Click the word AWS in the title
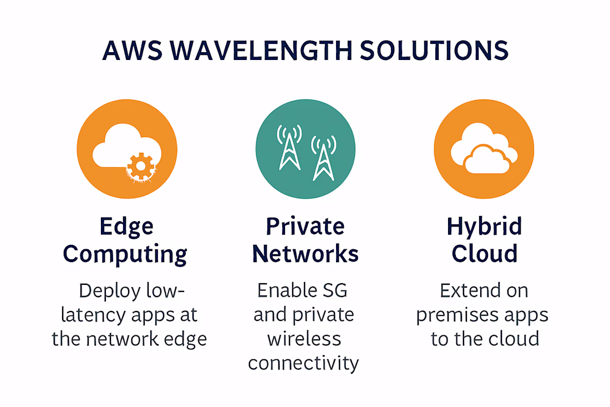point(133,51)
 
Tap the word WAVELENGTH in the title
point(261,51)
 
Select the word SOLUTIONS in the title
point(434,51)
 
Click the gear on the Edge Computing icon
point(141,167)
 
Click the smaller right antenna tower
point(324,158)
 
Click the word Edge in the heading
point(127,227)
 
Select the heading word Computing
point(125,254)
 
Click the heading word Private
point(306,227)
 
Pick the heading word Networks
point(306,254)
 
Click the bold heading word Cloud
point(484,254)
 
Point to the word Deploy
point(110,292)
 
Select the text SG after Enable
point(335,290)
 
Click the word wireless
point(304,339)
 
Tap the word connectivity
point(303,364)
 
